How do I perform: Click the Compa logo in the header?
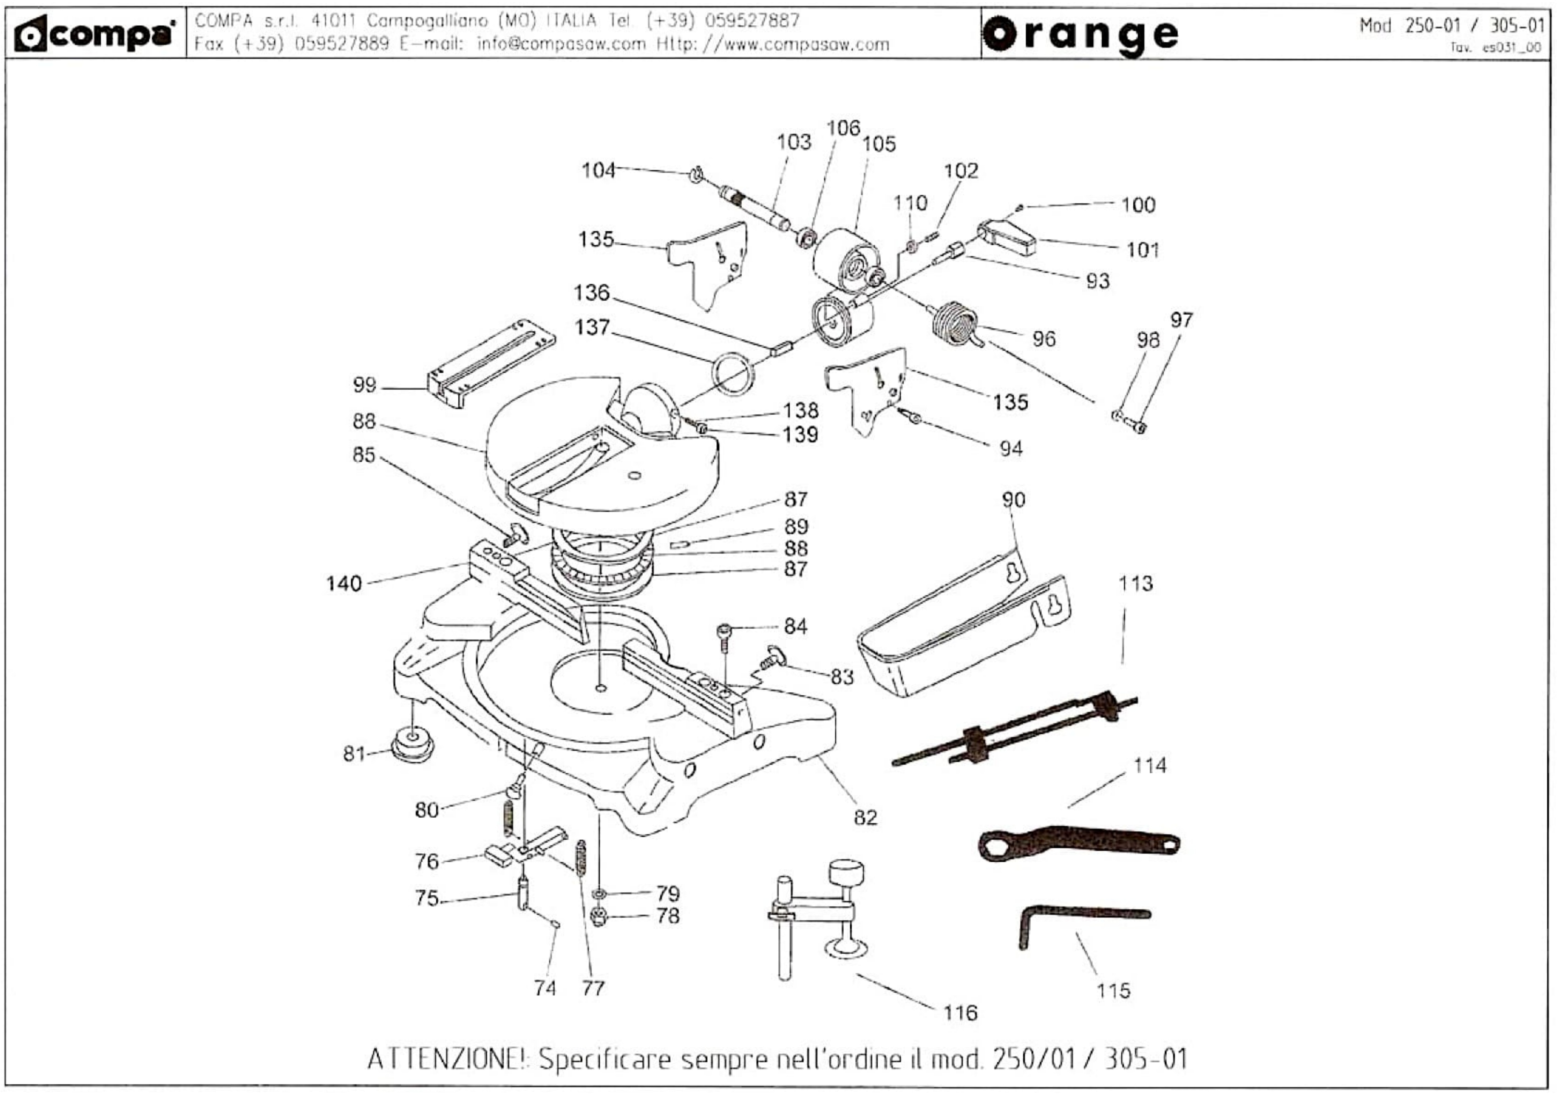pyautogui.click(x=95, y=34)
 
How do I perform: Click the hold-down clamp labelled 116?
pyautogui.click(x=821, y=916)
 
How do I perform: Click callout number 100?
pyautogui.click(x=1138, y=205)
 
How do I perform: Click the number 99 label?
pyautogui.click(x=364, y=385)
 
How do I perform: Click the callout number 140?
pyautogui.click(x=344, y=583)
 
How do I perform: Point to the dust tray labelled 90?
pyautogui.click(x=963, y=627)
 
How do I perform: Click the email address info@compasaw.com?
pyautogui.click(x=562, y=45)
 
